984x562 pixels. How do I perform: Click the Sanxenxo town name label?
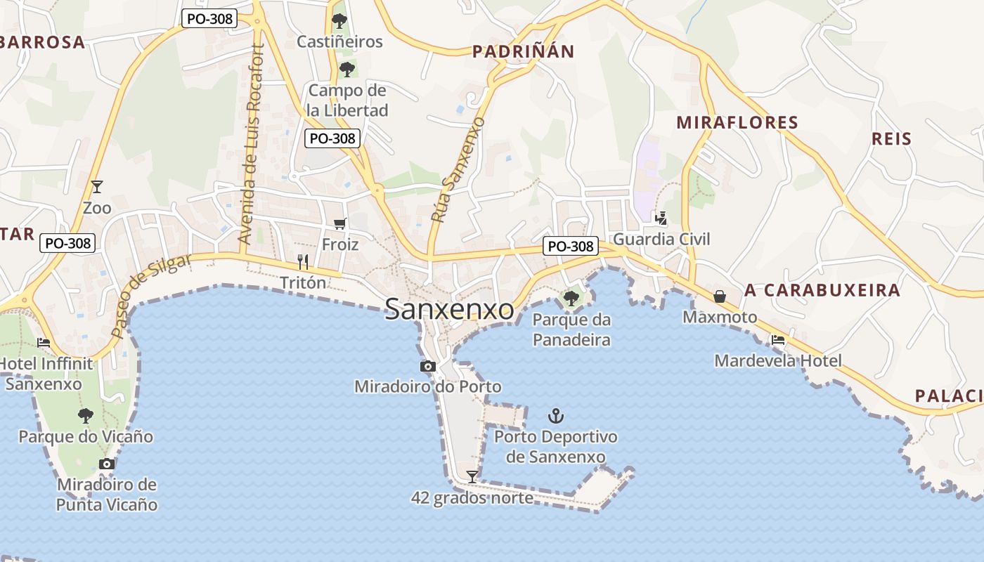click(449, 309)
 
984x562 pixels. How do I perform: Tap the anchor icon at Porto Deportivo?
click(556, 416)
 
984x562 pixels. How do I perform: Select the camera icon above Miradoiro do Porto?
click(427, 366)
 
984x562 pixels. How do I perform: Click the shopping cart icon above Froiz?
click(340, 223)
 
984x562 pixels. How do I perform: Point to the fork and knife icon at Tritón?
click(303, 261)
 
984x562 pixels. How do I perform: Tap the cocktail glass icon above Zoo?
click(97, 187)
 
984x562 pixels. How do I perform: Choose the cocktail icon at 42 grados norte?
click(472, 476)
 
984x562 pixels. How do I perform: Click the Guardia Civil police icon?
click(660, 218)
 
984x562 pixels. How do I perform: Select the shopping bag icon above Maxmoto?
click(720, 296)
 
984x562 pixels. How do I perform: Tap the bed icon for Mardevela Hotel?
click(777, 340)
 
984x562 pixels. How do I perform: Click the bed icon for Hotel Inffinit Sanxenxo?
click(44, 343)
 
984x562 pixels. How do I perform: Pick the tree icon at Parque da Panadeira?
click(571, 299)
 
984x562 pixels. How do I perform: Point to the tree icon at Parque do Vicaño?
click(86, 415)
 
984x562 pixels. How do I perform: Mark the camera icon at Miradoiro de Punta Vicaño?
click(107, 464)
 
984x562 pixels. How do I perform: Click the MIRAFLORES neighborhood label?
click(737, 123)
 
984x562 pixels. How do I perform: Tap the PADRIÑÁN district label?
click(523, 51)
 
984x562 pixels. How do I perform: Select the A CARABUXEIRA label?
click(822, 290)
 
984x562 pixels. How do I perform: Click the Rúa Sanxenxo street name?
click(458, 170)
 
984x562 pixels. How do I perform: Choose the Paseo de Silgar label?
click(151, 295)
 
